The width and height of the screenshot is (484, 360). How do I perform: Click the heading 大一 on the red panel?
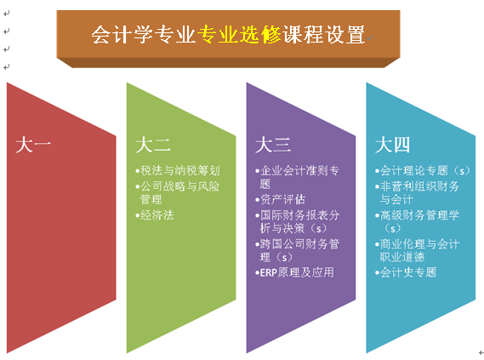pos(33,145)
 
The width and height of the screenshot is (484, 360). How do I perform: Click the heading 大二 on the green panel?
pos(153,145)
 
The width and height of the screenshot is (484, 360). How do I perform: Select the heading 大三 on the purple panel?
pos(273,145)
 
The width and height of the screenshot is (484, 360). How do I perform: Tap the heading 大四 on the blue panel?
pos(392,145)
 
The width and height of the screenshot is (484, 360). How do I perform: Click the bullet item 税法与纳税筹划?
pos(178,170)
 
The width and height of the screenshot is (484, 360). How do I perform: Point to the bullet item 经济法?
pos(155,215)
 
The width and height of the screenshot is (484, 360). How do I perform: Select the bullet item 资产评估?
pos(280,199)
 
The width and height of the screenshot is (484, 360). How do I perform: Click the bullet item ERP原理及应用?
pos(294,272)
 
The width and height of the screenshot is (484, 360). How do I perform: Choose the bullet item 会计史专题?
pos(406,272)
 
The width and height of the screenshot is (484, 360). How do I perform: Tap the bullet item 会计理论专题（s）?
pos(422,170)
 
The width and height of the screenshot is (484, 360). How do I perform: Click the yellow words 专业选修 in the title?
pos(239,34)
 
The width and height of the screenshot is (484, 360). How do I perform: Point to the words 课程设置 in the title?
pos(323,34)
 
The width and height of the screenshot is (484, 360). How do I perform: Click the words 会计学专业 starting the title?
pos(144,34)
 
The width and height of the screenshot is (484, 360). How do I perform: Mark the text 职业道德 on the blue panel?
pos(402,257)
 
